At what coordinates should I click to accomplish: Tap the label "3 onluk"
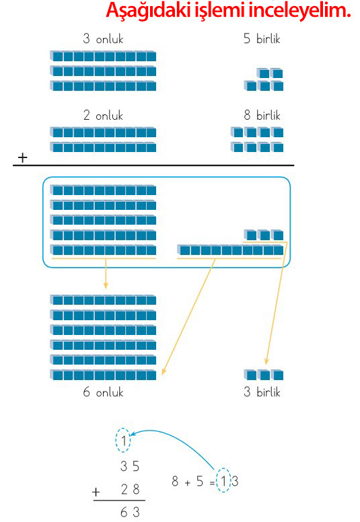[x=103, y=38]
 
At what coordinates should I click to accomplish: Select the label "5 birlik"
[x=262, y=38]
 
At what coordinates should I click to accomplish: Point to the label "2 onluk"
[x=103, y=115]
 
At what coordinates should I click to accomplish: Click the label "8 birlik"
[x=262, y=115]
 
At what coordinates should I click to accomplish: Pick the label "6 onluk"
[x=103, y=392]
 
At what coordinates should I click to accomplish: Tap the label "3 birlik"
[x=262, y=392]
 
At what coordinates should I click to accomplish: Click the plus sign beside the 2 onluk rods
[x=23, y=157]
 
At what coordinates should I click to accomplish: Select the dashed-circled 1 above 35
[x=123, y=440]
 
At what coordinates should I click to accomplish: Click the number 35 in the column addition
[x=130, y=466]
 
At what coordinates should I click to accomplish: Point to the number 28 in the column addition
[x=130, y=490]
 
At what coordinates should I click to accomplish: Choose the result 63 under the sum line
[x=130, y=512]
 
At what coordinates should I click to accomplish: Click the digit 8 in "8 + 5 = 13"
[x=175, y=481]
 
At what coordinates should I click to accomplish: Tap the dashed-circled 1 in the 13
[x=224, y=480]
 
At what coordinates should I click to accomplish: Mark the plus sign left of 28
[x=96, y=492]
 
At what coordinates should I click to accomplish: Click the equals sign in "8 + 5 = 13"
[x=212, y=482]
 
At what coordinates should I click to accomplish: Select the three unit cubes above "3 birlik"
[x=263, y=375]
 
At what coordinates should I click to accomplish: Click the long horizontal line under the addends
[x=153, y=165]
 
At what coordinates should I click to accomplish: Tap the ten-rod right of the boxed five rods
[x=230, y=250]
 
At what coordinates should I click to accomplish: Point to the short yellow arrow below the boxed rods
[x=106, y=274]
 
